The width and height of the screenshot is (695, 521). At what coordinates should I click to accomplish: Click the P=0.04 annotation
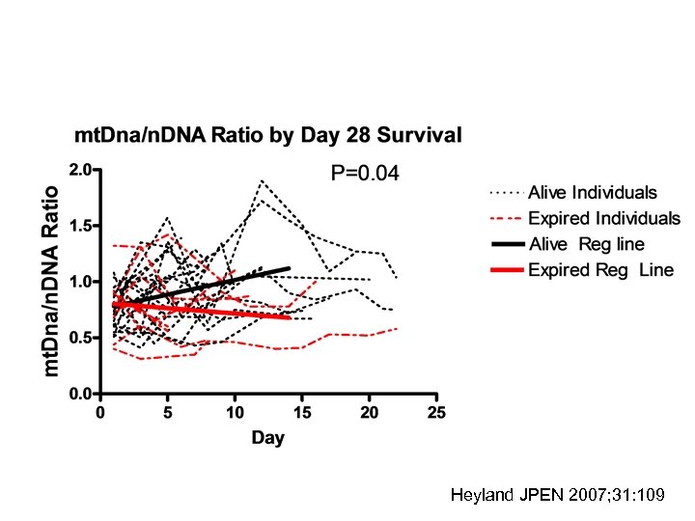365,174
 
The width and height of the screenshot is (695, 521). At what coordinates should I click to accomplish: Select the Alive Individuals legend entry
592,193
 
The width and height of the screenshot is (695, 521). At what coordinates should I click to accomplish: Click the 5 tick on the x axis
168,413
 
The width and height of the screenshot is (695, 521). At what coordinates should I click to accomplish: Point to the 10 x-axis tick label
235,413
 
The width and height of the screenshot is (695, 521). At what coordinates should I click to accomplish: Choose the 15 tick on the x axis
302,413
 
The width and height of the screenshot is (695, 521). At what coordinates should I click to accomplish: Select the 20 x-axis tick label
370,413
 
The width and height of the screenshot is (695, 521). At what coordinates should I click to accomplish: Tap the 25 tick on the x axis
437,413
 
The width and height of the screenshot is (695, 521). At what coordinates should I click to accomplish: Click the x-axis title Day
268,438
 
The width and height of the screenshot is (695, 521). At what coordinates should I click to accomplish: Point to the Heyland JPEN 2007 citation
557,496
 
